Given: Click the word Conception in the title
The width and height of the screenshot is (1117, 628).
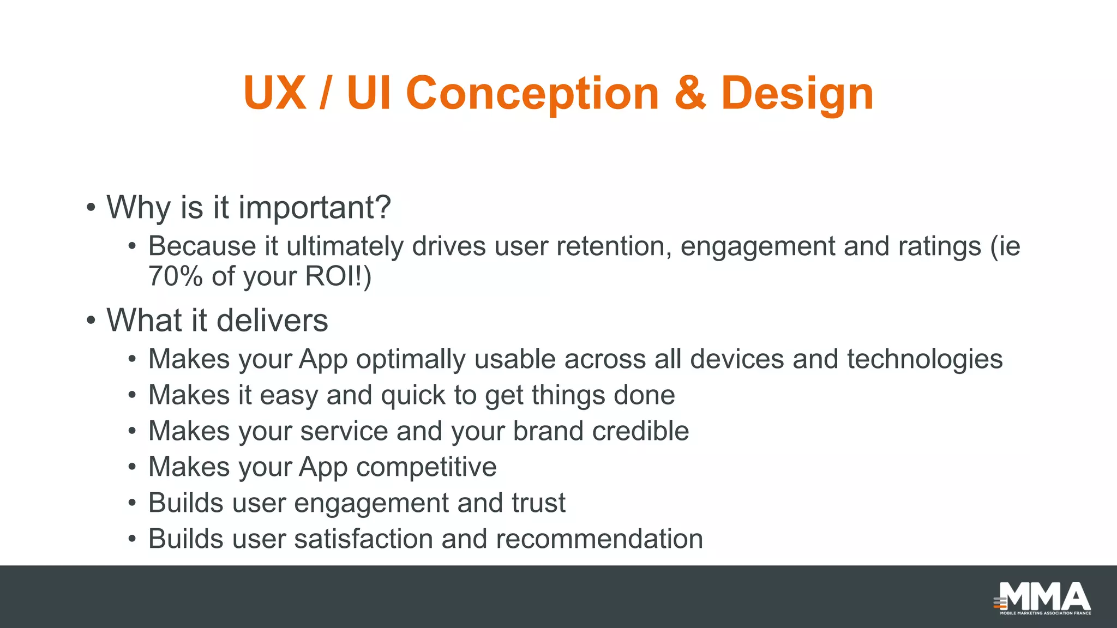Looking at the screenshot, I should click(x=532, y=94).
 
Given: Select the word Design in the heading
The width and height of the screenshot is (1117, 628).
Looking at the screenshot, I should click(x=797, y=94).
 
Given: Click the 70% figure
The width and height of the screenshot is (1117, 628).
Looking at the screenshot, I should click(x=175, y=276).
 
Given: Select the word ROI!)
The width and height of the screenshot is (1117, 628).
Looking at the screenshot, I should click(x=338, y=276).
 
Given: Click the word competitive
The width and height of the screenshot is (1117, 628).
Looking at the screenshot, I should click(x=426, y=467).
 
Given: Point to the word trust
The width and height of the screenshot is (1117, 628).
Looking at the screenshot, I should click(x=538, y=503).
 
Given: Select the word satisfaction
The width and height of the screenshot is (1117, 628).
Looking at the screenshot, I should click(x=363, y=539).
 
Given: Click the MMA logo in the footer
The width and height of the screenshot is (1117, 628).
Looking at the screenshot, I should click(x=1043, y=598).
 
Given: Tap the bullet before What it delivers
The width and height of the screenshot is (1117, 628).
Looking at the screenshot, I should click(x=91, y=321).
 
